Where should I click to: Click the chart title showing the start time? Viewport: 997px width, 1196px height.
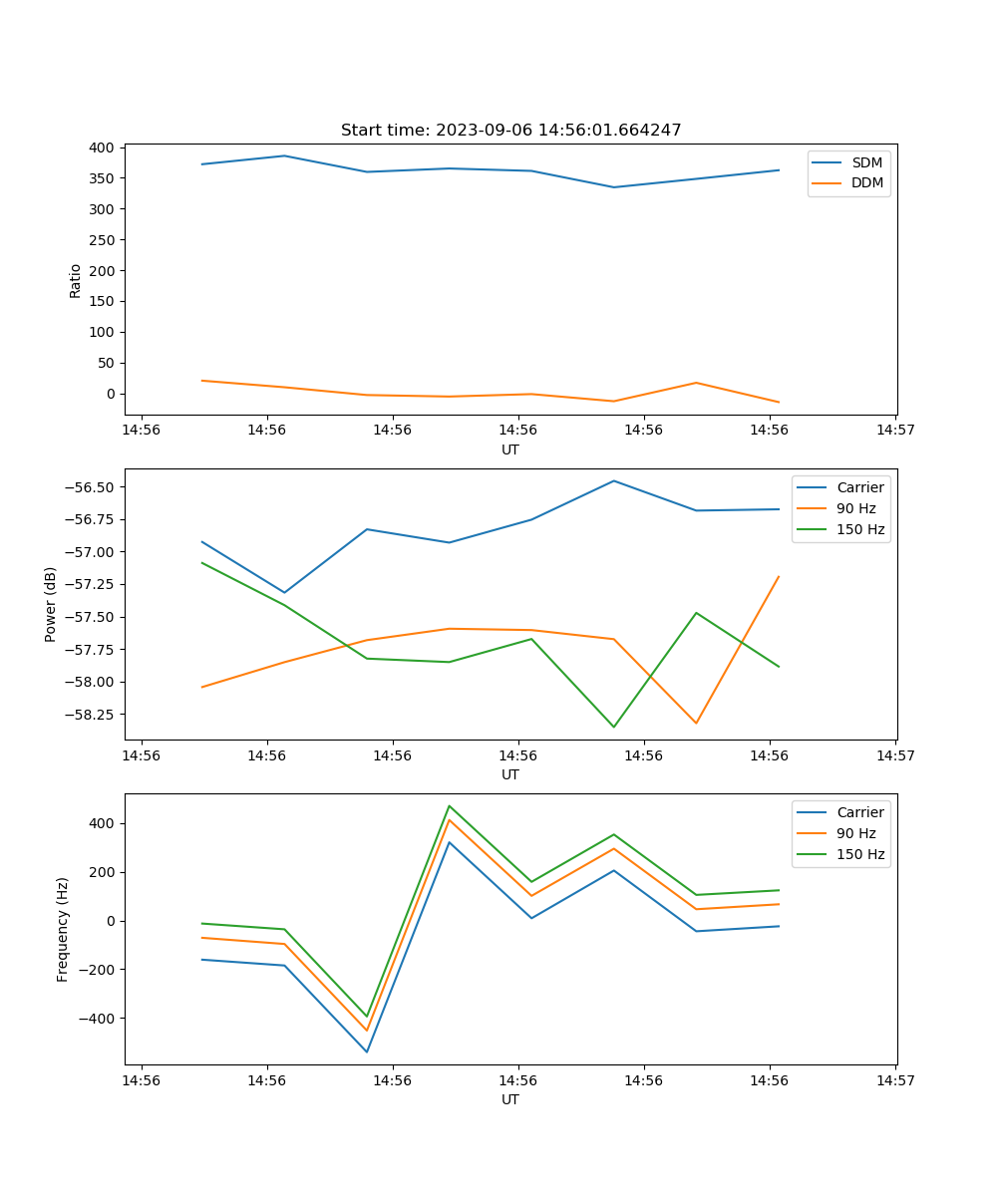tap(510, 131)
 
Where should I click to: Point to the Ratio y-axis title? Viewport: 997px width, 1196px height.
tap(76, 280)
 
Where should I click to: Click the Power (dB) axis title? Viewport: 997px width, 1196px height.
tap(51, 604)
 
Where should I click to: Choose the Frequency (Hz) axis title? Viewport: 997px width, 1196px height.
tap(63, 929)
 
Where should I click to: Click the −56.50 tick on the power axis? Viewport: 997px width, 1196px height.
tap(89, 487)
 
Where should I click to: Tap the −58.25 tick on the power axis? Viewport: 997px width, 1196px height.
tap(89, 715)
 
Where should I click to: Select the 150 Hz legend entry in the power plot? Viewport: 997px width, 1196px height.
tap(859, 529)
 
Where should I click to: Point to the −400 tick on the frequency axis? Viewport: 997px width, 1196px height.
tap(97, 1019)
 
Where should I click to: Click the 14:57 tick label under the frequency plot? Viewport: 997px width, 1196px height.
tap(895, 1080)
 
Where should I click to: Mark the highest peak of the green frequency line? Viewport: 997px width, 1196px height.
tap(450, 805)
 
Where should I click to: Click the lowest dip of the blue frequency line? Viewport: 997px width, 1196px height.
tap(367, 1051)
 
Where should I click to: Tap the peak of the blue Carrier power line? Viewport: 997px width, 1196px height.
tap(614, 480)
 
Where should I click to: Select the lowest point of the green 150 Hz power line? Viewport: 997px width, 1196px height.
tap(614, 727)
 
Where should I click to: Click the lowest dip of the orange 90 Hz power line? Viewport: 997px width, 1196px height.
tap(696, 723)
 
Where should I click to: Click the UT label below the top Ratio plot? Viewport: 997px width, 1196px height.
tap(510, 449)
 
